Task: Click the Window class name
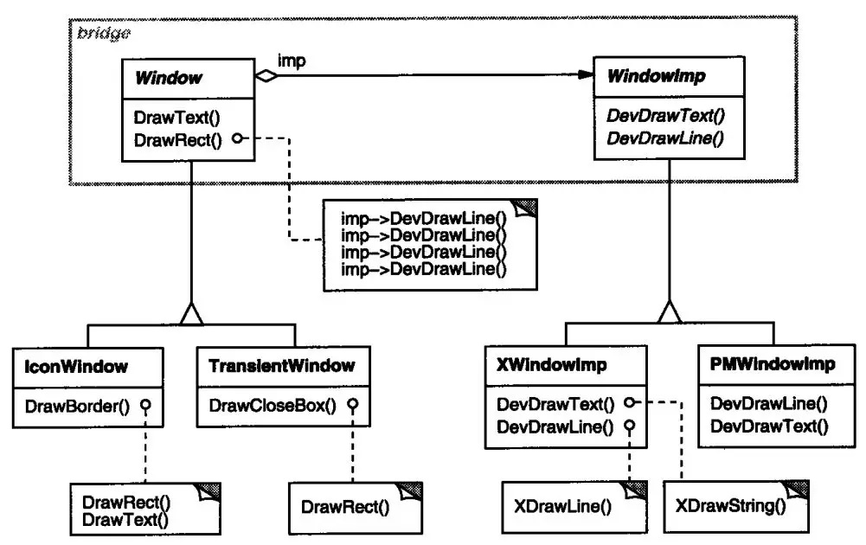(x=169, y=78)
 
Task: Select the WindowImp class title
(x=656, y=76)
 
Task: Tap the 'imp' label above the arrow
(x=291, y=61)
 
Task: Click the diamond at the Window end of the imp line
(x=266, y=75)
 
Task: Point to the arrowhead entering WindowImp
(x=586, y=74)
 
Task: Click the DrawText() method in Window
(x=176, y=118)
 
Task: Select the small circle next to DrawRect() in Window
(x=238, y=138)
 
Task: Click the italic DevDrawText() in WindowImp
(x=665, y=115)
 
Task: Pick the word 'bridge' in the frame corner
(x=104, y=33)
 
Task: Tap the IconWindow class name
(x=75, y=367)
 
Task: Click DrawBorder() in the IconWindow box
(x=77, y=407)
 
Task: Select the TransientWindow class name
(x=282, y=366)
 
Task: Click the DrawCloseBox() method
(x=273, y=406)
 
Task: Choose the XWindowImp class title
(x=551, y=365)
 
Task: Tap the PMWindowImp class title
(x=772, y=364)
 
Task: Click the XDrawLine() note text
(x=563, y=506)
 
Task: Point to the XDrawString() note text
(x=730, y=506)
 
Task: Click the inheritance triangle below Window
(x=191, y=314)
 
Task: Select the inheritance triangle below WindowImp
(x=670, y=312)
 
